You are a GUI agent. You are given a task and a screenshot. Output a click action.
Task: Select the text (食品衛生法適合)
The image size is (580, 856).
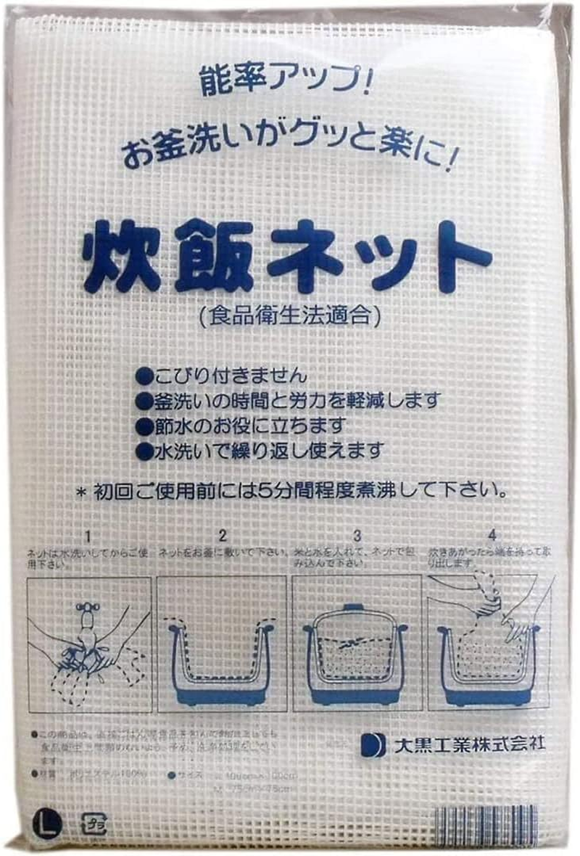tap(289, 315)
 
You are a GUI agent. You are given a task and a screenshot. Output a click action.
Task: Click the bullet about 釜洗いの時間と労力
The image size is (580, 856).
tap(288, 400)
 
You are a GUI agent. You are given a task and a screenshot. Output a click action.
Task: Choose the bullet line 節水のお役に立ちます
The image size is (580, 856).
tap(240, 425)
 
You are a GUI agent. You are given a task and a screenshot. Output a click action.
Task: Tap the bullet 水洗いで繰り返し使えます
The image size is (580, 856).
tap(259, 450)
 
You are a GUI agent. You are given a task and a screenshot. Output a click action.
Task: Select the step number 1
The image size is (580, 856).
tap(88, 536)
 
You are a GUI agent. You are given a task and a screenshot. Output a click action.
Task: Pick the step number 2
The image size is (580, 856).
tap(222, 536)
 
